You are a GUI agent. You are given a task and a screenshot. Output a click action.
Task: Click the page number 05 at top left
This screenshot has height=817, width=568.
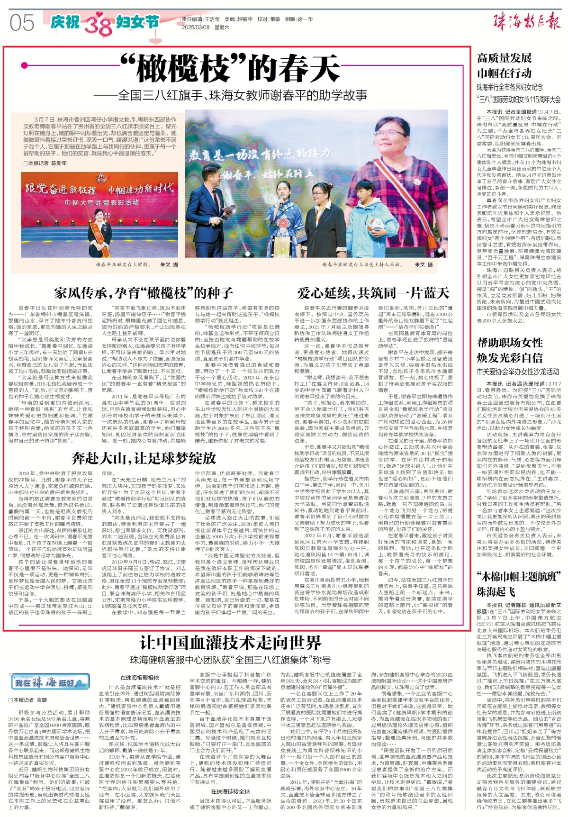22,23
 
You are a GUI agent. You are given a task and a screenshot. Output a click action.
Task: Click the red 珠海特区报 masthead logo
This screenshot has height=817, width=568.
526,21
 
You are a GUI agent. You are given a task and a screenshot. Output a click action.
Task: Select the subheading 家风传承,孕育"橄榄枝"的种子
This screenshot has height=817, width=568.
143,293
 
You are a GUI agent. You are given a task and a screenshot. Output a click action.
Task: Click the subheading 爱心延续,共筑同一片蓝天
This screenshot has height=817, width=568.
373,293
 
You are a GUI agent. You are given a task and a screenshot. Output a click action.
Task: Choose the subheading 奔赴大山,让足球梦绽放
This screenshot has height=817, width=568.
144,458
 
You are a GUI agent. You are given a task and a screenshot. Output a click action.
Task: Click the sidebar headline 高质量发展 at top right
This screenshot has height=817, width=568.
504,58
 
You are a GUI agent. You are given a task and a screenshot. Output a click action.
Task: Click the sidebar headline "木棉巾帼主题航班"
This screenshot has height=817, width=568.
518,577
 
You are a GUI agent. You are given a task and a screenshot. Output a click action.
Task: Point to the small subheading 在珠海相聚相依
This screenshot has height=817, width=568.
139,678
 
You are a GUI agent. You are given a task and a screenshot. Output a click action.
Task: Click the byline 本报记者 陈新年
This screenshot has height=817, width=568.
45,163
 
